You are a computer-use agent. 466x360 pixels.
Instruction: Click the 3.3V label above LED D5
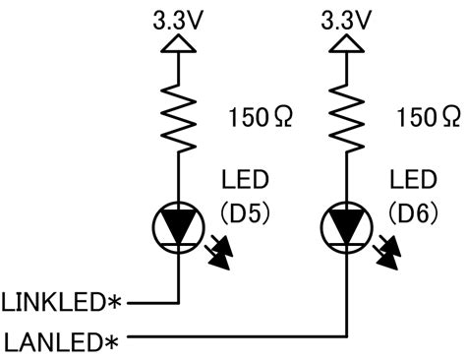point(178,20)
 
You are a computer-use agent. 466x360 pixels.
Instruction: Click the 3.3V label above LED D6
point(346,20)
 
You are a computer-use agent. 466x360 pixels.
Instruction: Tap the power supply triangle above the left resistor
point(179,43)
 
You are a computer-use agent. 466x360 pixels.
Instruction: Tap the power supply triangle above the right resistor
point(346,43)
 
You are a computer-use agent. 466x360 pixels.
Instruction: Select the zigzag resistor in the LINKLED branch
point(179,118)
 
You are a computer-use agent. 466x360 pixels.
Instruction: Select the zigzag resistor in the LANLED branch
point(346,118)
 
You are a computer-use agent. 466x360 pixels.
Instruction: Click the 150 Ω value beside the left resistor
point(261,118)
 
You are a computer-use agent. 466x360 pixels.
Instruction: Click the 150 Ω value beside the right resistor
point(429,118)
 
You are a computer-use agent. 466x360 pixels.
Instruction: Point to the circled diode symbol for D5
point(179,227)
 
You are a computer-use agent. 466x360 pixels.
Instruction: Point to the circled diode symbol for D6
point(347,227)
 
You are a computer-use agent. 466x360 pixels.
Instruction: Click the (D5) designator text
point(246,213)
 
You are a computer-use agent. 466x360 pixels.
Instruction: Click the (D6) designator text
point(414,213)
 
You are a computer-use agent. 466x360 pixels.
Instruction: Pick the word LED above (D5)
point(245,180)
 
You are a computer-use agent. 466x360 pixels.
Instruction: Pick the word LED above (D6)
point(413,180)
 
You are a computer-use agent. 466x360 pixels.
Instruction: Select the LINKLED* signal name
point(61,302)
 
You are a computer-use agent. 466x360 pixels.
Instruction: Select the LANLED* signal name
point(61,342)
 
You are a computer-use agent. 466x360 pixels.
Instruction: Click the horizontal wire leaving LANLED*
point(237,336)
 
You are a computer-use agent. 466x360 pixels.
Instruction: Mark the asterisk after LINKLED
point(114,302)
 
